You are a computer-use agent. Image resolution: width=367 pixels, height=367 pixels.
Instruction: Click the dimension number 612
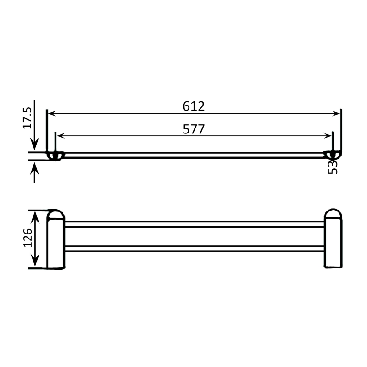click(193, 106)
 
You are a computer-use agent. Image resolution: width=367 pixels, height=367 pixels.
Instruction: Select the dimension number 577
click(193, 129)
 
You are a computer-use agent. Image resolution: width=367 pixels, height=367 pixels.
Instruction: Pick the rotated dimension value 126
click(27, 239)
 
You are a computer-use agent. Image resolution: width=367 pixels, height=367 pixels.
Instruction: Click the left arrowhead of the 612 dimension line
click(51, 113)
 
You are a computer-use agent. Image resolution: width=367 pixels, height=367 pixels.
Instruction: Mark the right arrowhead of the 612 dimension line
click(337, 113)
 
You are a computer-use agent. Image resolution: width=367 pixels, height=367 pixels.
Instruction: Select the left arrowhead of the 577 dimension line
click(60, 136)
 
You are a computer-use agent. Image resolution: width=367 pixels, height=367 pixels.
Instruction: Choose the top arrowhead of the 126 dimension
click(35, 215)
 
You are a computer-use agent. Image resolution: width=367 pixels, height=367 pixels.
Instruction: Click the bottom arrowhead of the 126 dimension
click(35, 264)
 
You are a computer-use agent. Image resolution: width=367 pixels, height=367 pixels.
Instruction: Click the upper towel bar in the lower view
click(195, 224)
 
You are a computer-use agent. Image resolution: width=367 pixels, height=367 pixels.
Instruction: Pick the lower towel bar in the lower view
click(195, 249)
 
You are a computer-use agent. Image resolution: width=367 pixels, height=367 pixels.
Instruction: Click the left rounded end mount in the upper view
click(56, 156)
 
